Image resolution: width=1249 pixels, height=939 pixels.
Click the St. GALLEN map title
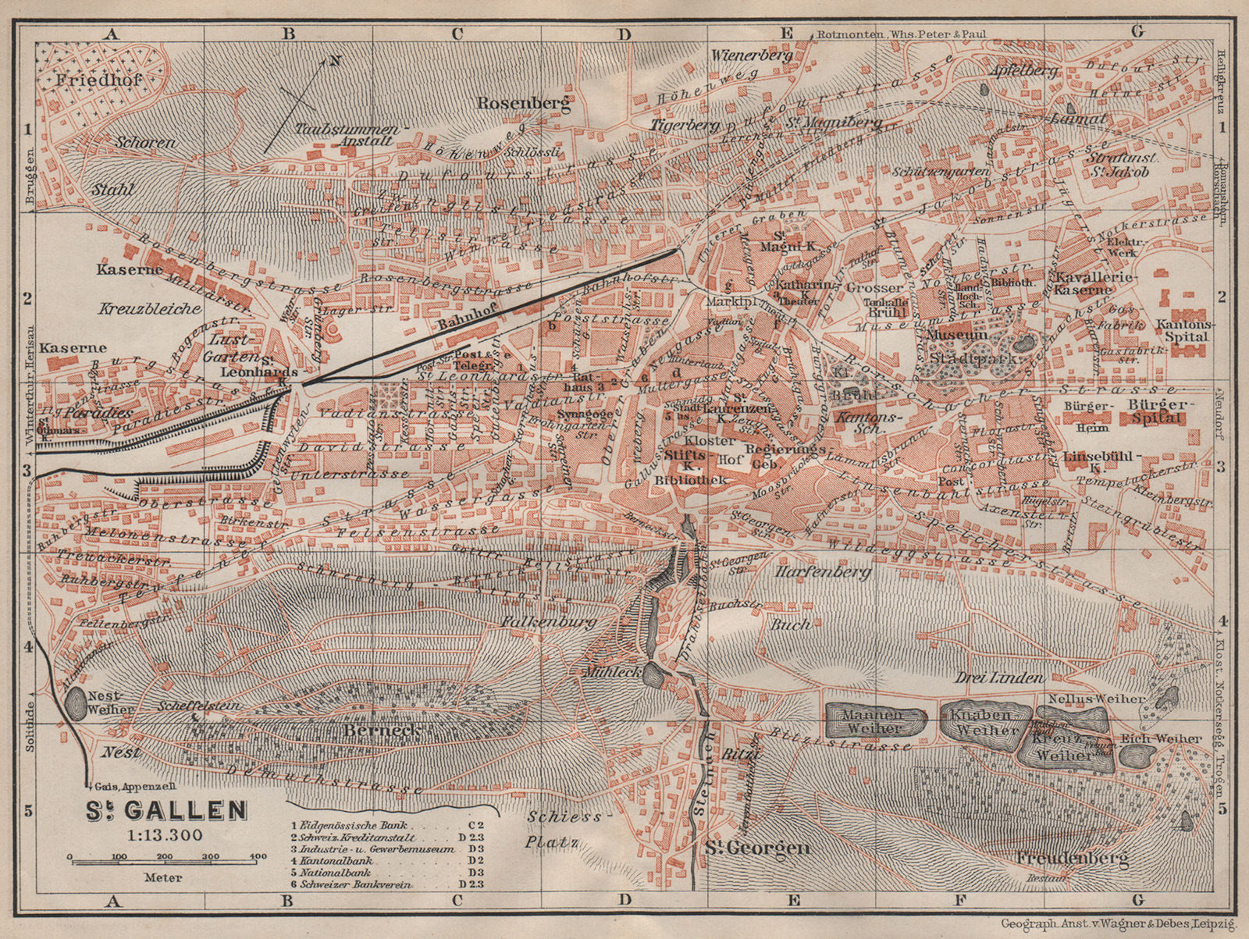click(166, 811)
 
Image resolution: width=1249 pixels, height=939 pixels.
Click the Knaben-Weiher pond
click(982, 723)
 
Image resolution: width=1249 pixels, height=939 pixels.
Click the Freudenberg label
click(1074, 859)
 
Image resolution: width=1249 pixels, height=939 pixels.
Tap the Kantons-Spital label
click(1183, 329)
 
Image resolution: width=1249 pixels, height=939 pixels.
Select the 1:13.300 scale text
click(165, 834)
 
